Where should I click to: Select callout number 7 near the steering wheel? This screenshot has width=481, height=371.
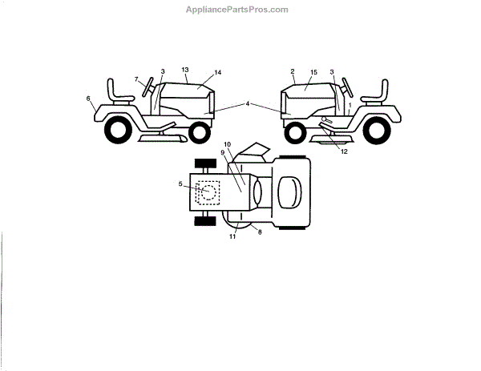point(136,79)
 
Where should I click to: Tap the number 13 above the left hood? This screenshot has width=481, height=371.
point(184,69)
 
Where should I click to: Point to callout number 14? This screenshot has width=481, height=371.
point(217,73)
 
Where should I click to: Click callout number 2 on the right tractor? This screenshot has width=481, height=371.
point(293,71)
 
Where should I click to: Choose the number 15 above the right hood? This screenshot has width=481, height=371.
point(313,71)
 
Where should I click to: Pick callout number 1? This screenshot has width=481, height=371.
point(350,105)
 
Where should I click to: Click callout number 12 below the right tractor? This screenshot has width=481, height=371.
point(344,151)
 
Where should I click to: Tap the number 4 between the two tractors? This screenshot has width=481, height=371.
point(249,104)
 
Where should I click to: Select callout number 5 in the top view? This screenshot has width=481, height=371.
point(182,184)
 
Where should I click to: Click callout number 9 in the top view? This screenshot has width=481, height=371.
point(222,152)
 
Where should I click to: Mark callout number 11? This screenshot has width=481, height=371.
point(233,237)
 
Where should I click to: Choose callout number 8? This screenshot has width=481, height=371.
point(259,232)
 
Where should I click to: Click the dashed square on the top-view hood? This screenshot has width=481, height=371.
point(207,192)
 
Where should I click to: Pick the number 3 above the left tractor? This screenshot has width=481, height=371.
point(162,71)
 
